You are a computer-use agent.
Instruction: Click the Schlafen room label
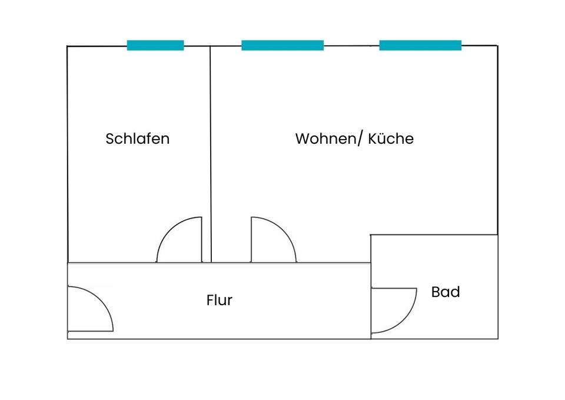tap(137, 139)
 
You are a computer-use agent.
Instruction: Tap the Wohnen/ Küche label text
tap(354, 139)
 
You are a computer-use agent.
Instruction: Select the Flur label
tap(220, 300)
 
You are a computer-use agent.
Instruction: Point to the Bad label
tap(446, 292)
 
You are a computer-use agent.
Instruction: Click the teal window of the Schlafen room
tap(155, 45)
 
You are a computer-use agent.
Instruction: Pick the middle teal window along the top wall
tap(282, 45)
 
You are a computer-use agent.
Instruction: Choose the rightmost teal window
tap(420, 45)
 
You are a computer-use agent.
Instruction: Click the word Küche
tap(391, 139)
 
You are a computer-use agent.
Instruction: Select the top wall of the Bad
tap(434, 234)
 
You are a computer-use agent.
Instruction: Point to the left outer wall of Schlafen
tap(68, 153)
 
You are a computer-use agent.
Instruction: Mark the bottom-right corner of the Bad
tap(498, 339)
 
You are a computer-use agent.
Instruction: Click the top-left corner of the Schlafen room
tap(68, 46)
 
